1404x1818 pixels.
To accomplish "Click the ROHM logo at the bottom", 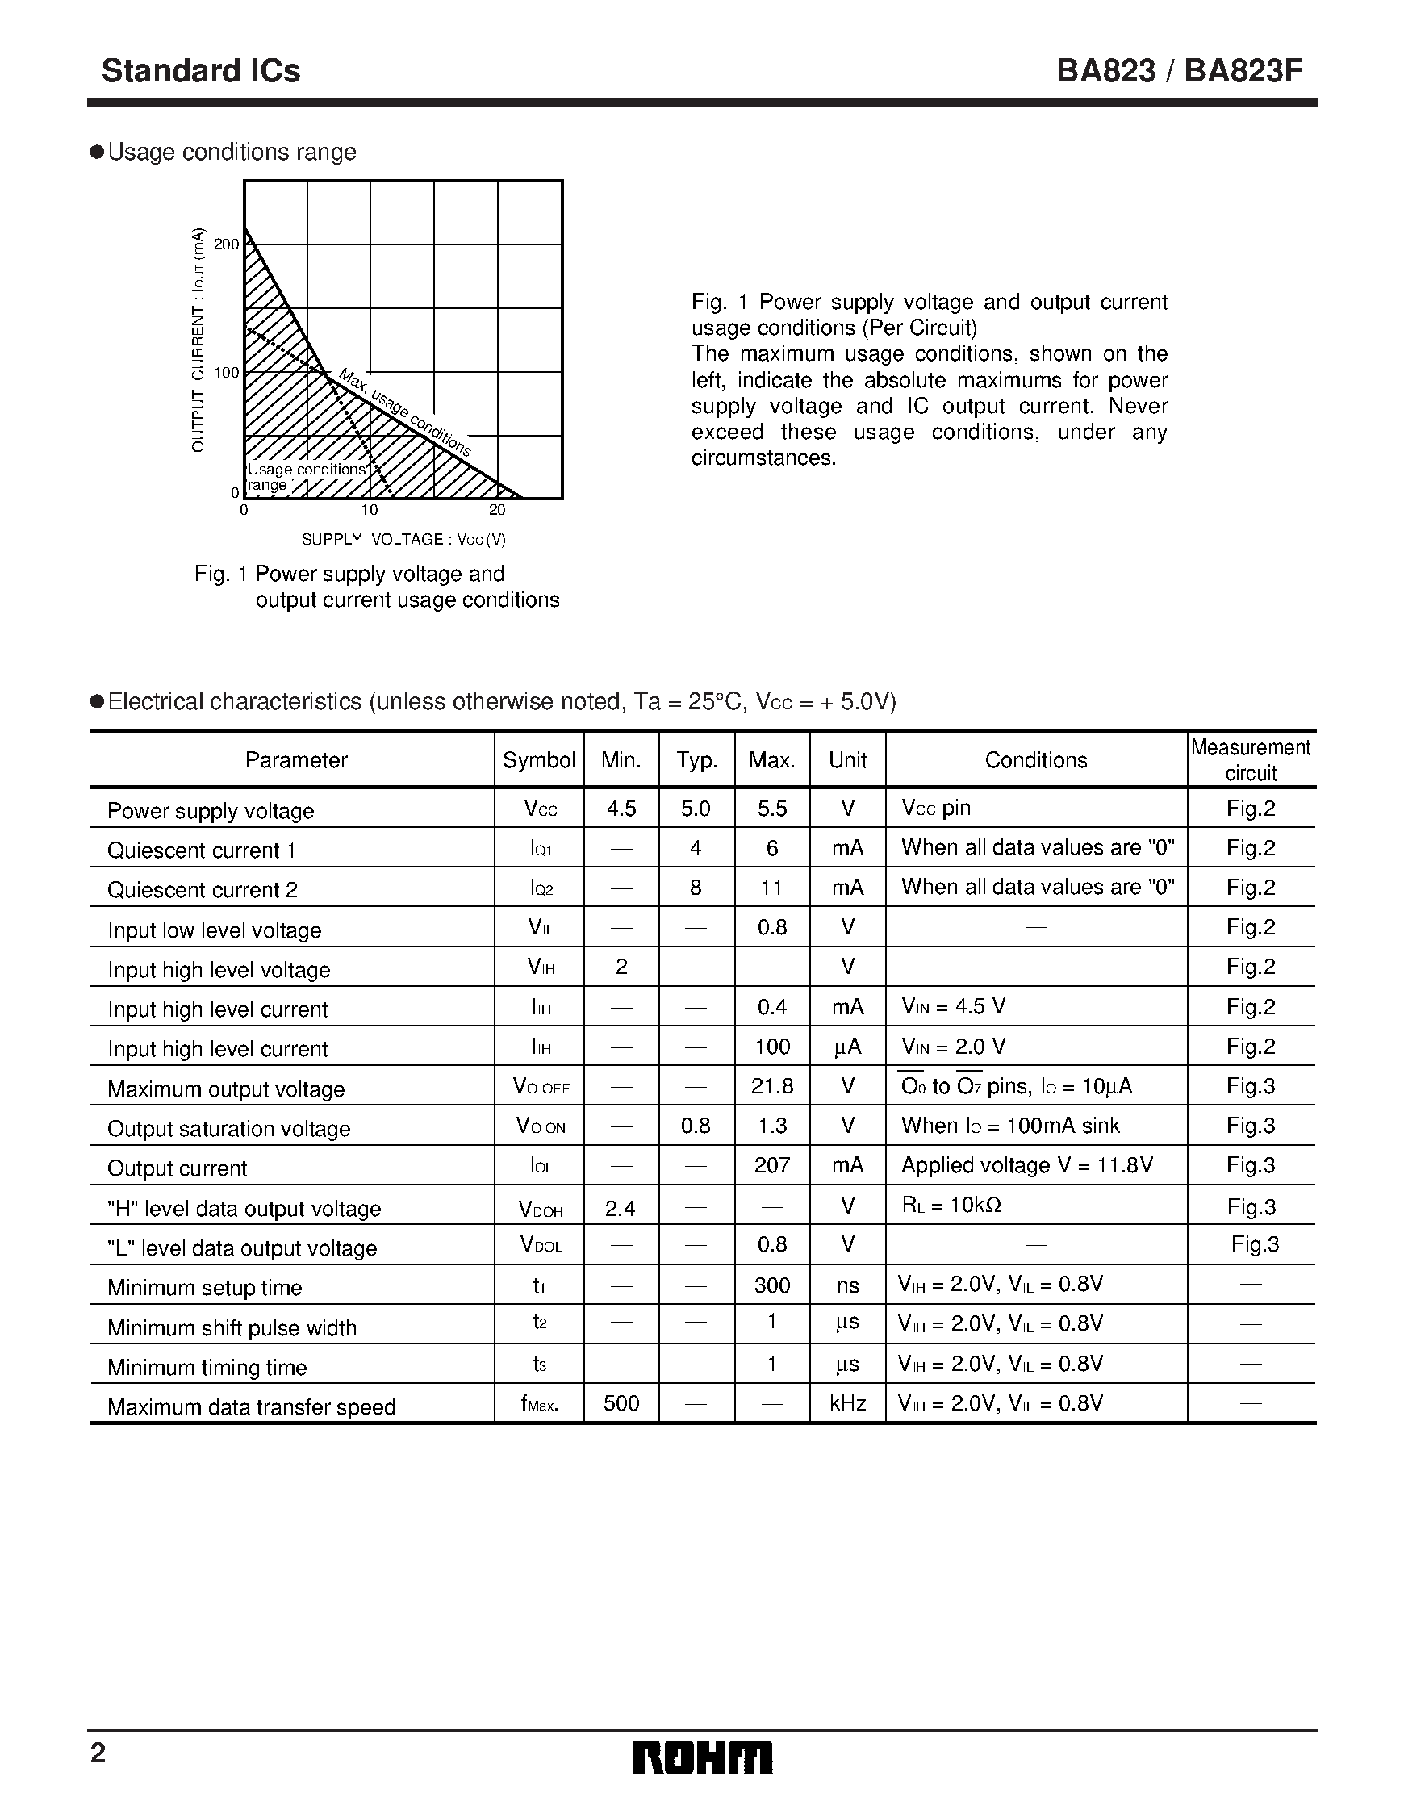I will [x=701, y=1757].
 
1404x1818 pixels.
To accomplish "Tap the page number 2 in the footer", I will [x=98, y=1754].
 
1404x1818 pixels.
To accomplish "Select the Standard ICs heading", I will [x=201, y=72].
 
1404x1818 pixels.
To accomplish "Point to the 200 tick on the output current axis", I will [x=227, y=244].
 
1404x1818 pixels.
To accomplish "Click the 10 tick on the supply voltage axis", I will [x=370, y=510].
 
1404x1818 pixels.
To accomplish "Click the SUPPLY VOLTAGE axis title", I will [x=403, y=539].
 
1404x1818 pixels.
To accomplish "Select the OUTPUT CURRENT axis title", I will [x=198, y=340].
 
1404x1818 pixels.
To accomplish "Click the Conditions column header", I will [x=1035, y=760].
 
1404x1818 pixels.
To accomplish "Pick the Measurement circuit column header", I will [x=1250, y=760].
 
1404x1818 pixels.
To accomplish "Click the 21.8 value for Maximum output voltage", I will [x=771, y=1086].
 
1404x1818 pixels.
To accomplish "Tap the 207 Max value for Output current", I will [x=771, y=1165].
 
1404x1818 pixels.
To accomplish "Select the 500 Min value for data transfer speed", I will [x=621, y=1403].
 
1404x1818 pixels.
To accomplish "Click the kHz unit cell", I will [x=847, y=1403].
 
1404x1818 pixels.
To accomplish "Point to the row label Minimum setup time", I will [x=205, y=1288].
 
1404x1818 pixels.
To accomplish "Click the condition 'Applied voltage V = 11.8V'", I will [x=1027, y=1165].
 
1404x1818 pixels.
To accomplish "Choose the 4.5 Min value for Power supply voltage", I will [x=621, y=809].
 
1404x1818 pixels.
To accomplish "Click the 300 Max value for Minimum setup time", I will [x=771, y=1285].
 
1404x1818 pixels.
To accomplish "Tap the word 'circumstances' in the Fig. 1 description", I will [x=763, y=458].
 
